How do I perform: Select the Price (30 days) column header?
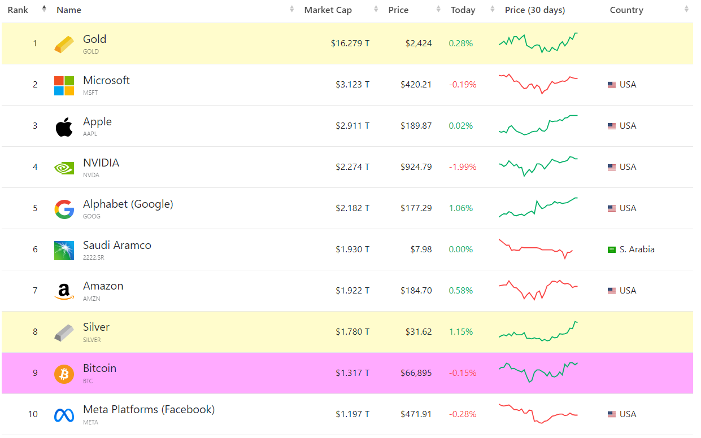pos(534,10)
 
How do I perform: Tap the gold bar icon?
pos(64,44)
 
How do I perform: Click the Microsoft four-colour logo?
pos(64,85)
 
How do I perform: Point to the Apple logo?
pos(64,126)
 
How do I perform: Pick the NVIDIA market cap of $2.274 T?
pos(352,167)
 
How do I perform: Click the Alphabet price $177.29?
pos(416,208)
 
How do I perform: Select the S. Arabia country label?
pos(637,249)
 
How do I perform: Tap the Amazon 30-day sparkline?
pos(538,290)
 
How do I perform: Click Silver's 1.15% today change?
pos(460,332)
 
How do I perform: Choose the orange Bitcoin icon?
pos(64,374)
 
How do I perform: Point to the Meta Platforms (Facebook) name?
pos(149,410)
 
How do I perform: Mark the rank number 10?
pos(33,414)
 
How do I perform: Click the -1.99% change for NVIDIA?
pos(463,167)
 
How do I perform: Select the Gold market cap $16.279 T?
pos(350,43)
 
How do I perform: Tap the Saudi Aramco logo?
pos(64,250)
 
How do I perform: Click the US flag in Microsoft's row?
pos(612,85)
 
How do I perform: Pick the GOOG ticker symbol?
pos(92,216)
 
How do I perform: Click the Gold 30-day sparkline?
pos(538,42)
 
